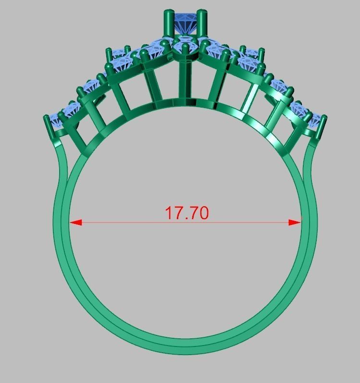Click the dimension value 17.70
(187, 213)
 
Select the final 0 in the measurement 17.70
(204, 213)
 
